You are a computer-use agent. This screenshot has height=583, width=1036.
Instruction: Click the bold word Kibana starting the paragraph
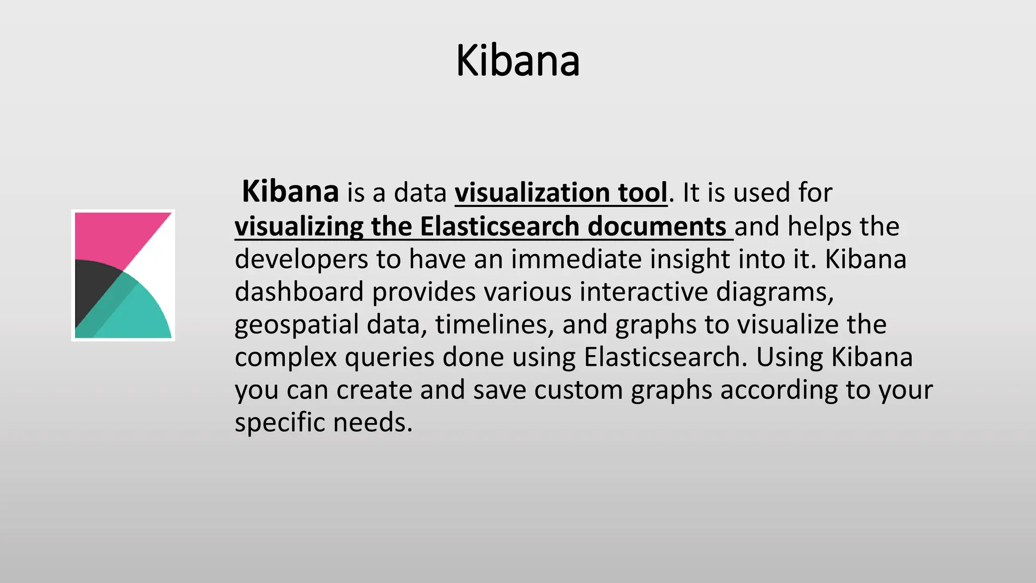[x=290, y=192]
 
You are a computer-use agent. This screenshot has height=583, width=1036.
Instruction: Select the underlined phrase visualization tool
[x=561, y=193]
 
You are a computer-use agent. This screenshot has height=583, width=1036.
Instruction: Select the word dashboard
[x=299, y=292]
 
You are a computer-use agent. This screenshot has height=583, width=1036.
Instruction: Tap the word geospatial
[x=296, y=325]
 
